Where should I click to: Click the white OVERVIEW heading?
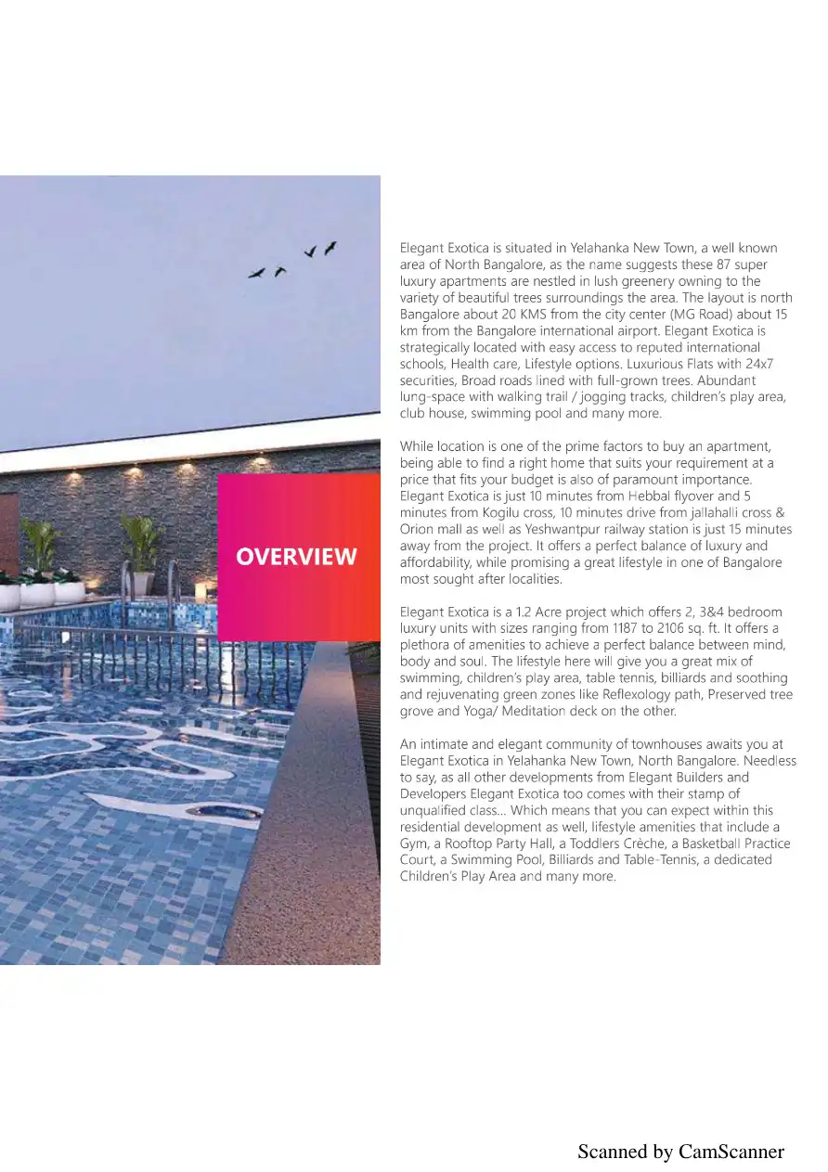pos(296,557)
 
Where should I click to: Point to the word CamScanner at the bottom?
pos(731,1152)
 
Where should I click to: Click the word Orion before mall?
pos(418,529)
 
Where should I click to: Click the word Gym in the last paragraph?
pos(414,844)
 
